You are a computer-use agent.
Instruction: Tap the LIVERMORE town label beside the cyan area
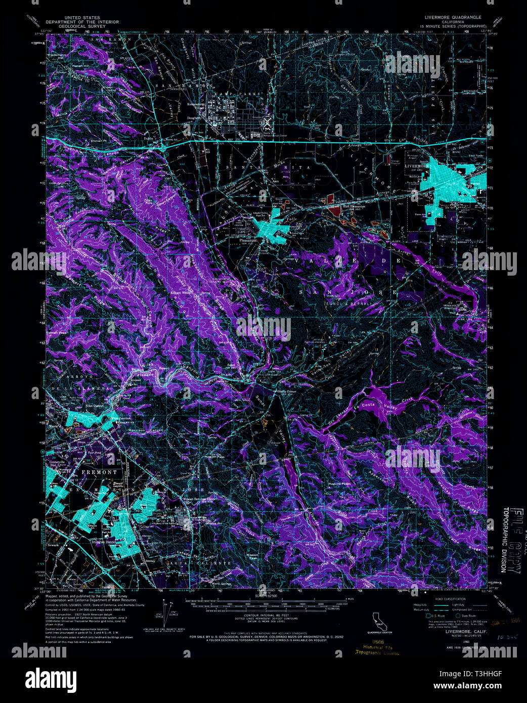416,165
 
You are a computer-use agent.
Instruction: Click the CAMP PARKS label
246,94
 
